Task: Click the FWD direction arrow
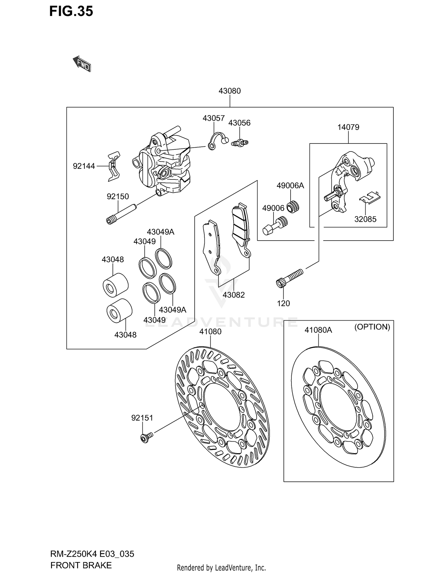[x=82, y=63]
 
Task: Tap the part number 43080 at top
[x=229, y=91]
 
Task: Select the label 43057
[x=214, y=118]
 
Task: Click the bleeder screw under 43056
[x=240, y=143]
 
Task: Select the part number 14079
[x=348, y=127]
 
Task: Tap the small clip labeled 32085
[x=369, y=197]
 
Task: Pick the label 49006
[x=273, y=208]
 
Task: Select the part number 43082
[x=234, y=295]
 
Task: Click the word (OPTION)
[x=372, y=327]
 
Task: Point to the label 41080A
[x=318, y=330]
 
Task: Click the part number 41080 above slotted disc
[x=210, y=332]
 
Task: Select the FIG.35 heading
[x=71, y=11]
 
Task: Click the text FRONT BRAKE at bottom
[x=81, y=565]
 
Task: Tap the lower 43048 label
[x=125, y=335]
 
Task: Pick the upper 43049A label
[x=160, y=232]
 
